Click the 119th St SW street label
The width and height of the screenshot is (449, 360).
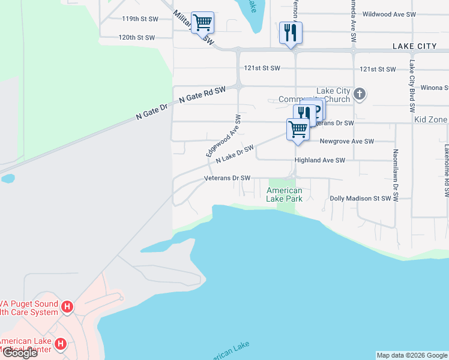pos(140,19)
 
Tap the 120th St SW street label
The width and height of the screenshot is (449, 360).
pos(136,37)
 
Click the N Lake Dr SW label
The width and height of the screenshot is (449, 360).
pos(235,153)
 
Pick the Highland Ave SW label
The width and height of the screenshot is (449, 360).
pos(320,161)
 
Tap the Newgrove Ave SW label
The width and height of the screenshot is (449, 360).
pos(346,142)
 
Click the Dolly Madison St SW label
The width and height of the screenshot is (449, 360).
pos(360,198)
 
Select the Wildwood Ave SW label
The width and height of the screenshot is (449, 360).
pos(389,14)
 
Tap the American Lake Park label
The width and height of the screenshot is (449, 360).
pos(284,194)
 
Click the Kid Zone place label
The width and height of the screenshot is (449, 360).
pos(430,120)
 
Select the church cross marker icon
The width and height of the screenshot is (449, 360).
pos(359,94)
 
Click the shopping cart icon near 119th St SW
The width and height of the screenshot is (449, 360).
pos(202,22)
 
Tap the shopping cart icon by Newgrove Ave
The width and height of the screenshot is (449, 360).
pos(298,128)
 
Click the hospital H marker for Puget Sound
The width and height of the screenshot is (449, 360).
pos(68,307)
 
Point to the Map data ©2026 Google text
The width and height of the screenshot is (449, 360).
pos(411,355)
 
